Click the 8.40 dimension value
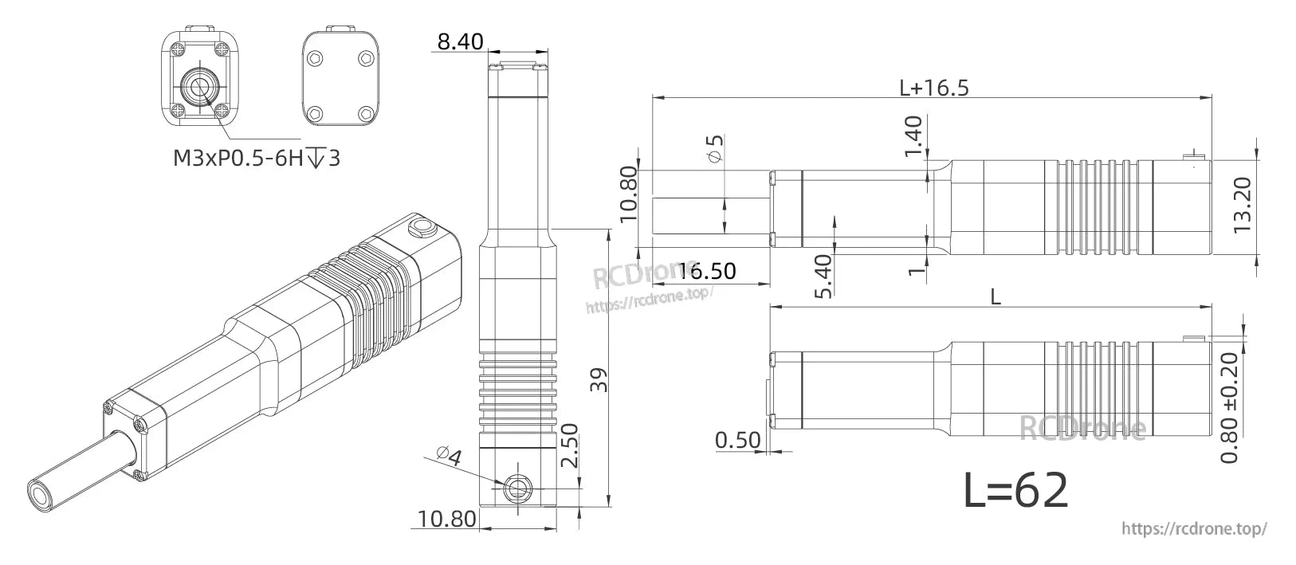[x=460, y=41]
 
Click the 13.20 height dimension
[x=1245, y=206]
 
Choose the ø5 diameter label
[x=715, y=149]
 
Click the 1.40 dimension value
[x=915, y=136]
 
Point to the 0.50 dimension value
[x=738, y=441]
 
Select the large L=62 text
[x=1015, y=491]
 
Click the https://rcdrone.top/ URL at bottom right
[x=1193, y=528]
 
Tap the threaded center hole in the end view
[x=198, y=84]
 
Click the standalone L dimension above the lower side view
[x=995, y=296]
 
